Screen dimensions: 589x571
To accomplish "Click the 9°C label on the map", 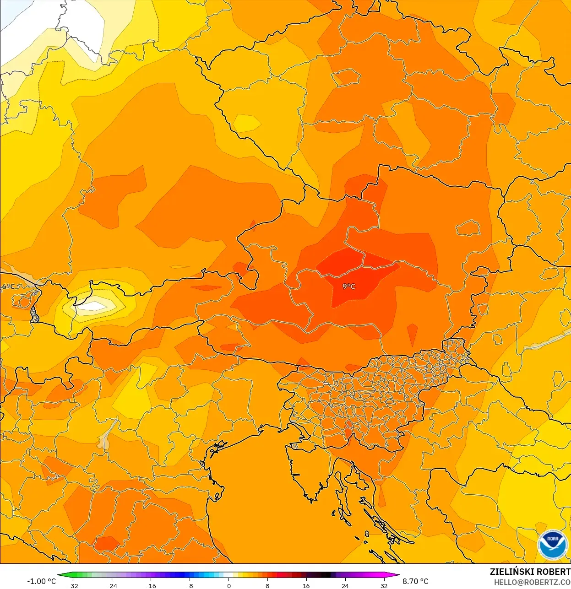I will pyautogui.click(x=348, y=286).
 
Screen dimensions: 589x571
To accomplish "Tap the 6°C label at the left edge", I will pyautogui.click(x=8, y=287).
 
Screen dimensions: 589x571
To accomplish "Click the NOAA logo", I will pyautogui.click(x=552, y=545).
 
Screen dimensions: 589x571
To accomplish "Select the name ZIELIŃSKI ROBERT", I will pyautogui.click(x=530, y=572).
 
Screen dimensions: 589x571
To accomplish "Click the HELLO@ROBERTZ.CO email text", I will pyautogui.click(x=532, y=582).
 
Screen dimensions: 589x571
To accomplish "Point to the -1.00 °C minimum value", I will pyautogui.click(x=41, y=581).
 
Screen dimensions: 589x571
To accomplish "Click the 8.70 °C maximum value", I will pyautogui.click(x=415, y=581).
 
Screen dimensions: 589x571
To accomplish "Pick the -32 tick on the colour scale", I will pyautogui.click(x=73, y=586).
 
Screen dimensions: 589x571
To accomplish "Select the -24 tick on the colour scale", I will pyautogui.click(x=112, y=586).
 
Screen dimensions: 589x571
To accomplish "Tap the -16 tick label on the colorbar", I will pyautogui.click(x=151, y=586).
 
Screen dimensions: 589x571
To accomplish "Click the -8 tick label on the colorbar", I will pyautogui.click(x=190, y=586).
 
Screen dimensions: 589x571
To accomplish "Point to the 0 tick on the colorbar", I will pyautogui.click(x=228, y=586).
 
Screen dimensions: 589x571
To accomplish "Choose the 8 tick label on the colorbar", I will pyautogui.click(x=267, y=586).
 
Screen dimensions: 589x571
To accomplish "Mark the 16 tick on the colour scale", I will pyautogui.click(x=306, y=586).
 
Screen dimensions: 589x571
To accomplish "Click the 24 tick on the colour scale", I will pyautogui.click(x=345, y=586).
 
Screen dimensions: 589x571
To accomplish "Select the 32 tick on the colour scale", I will pyautogui.click(x=384, y=586).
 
